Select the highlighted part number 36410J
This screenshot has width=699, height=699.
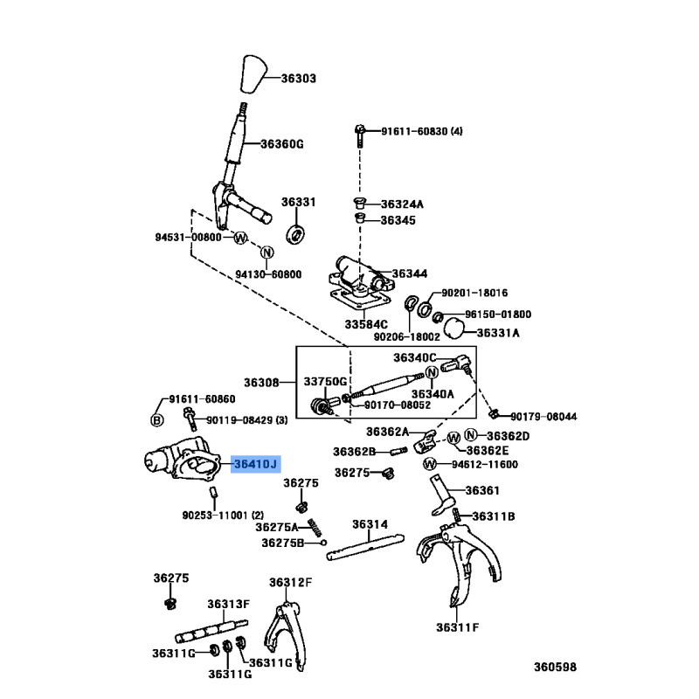click(253, 464)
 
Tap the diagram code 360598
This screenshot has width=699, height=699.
click(556, 668)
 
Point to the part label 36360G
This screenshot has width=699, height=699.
click(281, 144)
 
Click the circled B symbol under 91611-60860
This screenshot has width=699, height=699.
click(158, 419)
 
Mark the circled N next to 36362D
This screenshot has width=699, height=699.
click(471, 435)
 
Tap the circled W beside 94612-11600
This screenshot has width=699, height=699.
click(430, 464)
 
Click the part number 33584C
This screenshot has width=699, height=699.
click(365, 324)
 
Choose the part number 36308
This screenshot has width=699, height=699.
click(260, 383)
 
